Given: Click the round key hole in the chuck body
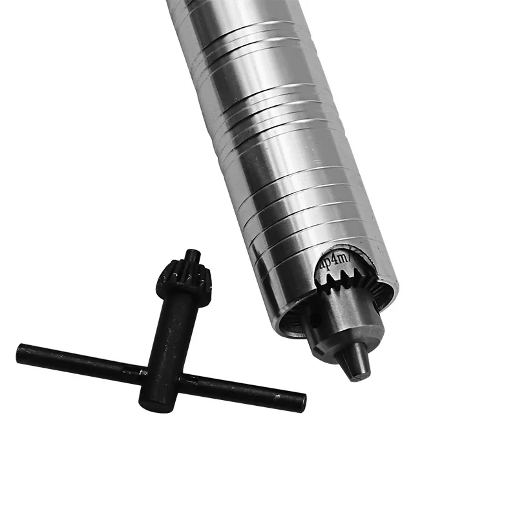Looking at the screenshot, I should pos(315,317).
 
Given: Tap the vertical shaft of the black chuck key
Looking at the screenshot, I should pos(169,336).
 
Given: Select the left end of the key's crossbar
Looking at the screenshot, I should pos(21,353).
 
